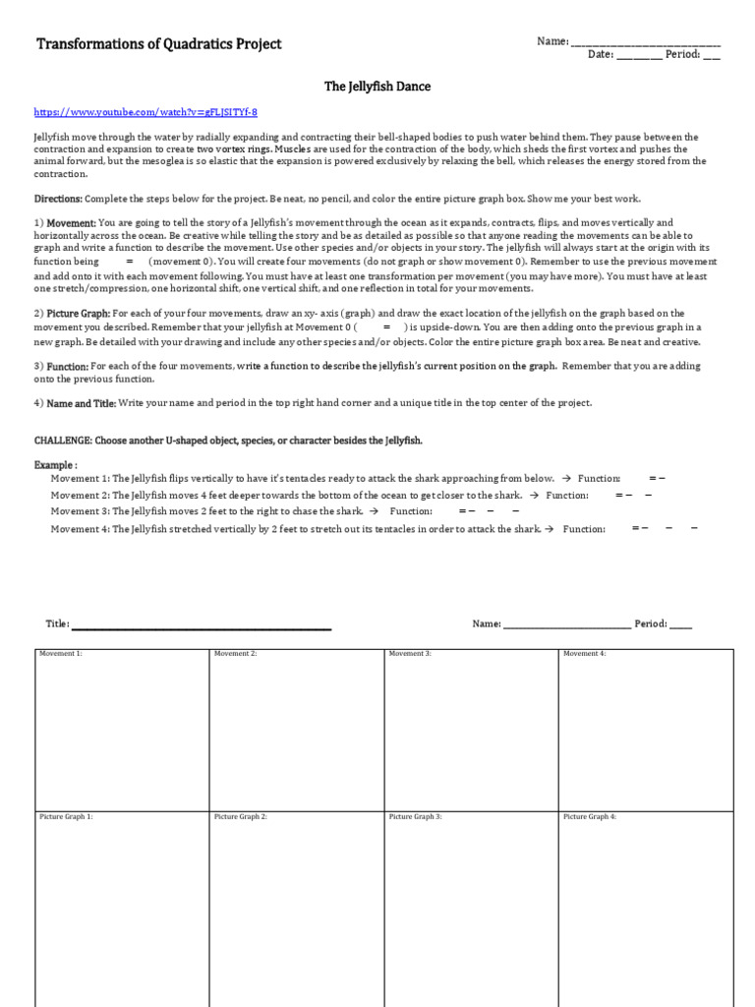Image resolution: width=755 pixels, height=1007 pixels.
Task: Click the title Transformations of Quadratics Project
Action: tap(158, 44)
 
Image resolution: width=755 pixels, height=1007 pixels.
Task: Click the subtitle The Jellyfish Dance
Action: tap(377, 87)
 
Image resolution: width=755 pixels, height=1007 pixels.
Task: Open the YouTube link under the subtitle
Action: tap(145, 112)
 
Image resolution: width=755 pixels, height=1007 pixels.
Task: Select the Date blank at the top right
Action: tap(639, 56)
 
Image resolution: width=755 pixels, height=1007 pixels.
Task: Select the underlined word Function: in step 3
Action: tap(68, 366)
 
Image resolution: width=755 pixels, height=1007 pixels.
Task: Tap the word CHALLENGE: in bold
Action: tap(61, 441)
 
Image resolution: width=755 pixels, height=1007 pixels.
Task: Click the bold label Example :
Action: tap(55, 464)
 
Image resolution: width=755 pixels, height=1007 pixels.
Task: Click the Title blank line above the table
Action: tap(202, 625)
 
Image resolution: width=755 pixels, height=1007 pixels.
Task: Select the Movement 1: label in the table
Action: tap(61, 654)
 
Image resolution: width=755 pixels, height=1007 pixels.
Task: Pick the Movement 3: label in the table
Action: tap(410, 654)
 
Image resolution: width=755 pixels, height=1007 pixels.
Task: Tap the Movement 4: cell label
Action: tap(584, 654)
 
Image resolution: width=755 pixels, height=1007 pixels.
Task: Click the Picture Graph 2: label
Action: tap(240, 817)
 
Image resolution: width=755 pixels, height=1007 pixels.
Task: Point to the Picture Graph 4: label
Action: tap(589, 817)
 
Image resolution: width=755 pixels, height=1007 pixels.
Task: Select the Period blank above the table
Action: tap(681, 625)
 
